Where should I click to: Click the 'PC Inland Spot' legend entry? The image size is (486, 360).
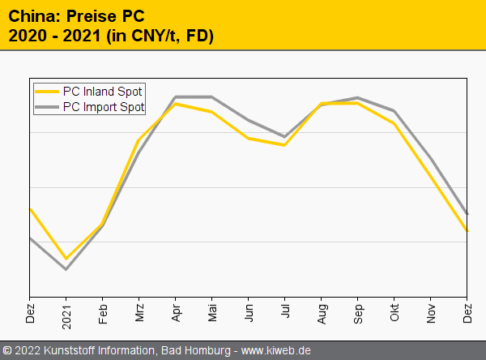[x=102, y=92]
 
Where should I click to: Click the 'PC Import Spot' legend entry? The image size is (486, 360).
[x=103, y=106]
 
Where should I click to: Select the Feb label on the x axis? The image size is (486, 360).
[x=103, y=312]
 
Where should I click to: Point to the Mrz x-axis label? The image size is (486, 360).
[x=139, y=312]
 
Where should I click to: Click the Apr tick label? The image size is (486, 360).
[x=176, y=312]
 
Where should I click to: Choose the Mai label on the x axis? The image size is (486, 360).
[x=212, y=312]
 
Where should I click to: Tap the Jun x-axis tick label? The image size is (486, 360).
[x=249, y=312]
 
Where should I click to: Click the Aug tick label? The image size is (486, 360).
[x=322, y=312]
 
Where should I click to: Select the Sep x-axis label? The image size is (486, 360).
[x=358, y=312]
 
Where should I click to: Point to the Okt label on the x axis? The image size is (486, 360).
[x=394, y=312]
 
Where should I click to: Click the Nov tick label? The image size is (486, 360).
[x=431, y=312]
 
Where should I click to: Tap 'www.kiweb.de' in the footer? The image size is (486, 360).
[x=276, y=351]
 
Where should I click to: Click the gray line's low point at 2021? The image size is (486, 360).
[x=66, y=269]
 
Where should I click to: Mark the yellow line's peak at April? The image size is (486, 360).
[x=176, y=104]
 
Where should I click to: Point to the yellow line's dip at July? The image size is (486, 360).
[x=285, y=145]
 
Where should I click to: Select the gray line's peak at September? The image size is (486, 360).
[x=358, y=97]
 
